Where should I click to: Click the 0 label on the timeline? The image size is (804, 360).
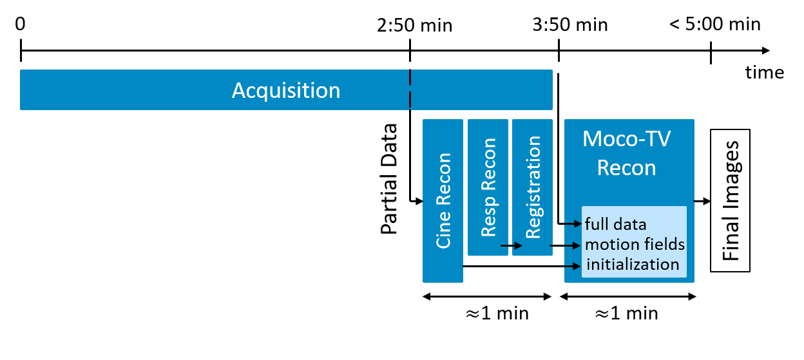coord(21,24)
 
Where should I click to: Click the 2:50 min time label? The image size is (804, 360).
coord(415,26)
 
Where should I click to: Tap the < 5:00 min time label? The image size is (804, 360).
coord(714,24)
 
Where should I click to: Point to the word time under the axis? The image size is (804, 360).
coord(765,72)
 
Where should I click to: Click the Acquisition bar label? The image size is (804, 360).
coord(286,90)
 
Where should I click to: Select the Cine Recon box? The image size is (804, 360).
coord(443,200)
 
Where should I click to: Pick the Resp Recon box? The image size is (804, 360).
coord(488,187)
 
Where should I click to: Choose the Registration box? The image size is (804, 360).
coord(532,187)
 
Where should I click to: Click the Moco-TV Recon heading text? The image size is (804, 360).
coord(626,153)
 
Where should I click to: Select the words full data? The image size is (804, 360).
coord(615,225)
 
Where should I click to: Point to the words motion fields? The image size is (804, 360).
coord(635,245)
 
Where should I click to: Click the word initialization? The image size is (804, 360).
coord(632,264)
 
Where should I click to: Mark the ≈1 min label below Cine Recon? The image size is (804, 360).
coord(497,314)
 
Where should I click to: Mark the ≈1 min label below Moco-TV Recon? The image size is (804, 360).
coord(626,314)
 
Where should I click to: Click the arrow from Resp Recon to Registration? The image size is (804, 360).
coord(512,245)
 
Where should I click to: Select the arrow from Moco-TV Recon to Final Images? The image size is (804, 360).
coord(702,201)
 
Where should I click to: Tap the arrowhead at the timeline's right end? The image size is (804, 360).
coord(765,50)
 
